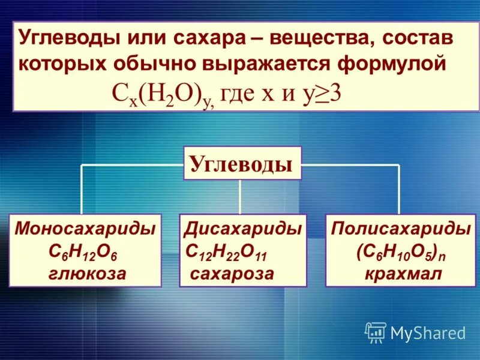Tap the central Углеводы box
[242, 163]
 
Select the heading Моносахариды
[85, 229]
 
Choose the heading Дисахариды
[243, 229]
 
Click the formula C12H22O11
[229, 252]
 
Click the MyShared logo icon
[375, 332]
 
